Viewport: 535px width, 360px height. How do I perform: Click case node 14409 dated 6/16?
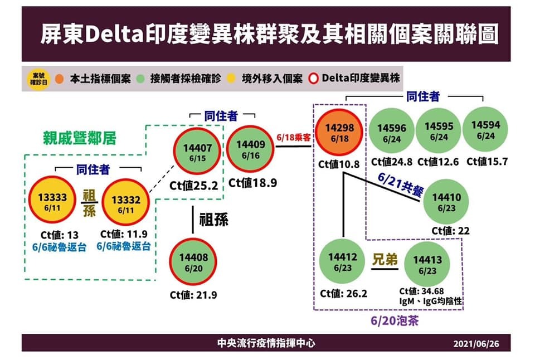pos(250,148)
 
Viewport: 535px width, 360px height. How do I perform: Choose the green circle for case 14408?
pos(193,262)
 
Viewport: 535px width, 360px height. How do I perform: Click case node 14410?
pos(446,202)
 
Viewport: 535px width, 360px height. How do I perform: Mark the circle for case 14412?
pos(342,261)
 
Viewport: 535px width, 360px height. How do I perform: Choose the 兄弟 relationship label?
pos(384,259)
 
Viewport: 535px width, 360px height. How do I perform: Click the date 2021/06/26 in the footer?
pos(476,343)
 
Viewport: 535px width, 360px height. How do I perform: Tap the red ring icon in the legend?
pos(313,79)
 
